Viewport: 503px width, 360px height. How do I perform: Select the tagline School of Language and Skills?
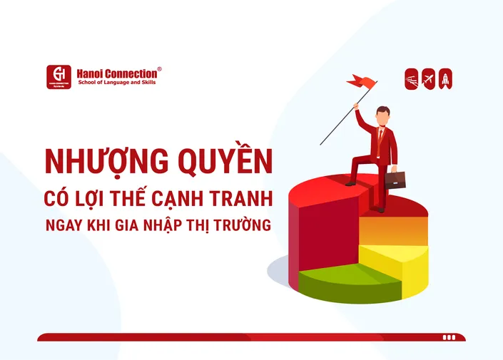click(117, 83)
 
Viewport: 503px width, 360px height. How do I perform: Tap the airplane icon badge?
click(429, 78)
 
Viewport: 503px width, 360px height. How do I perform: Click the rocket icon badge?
click(446, 78)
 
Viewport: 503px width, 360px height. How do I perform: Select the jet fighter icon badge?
click(412, 78)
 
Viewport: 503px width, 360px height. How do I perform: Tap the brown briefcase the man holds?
click(395, 179)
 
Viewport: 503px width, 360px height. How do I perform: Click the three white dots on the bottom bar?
click(448, 337)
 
